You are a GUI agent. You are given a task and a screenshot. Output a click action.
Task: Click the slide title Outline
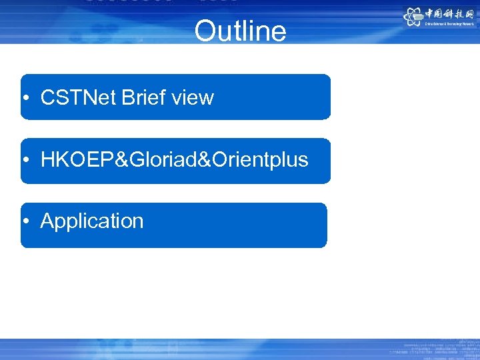point(240,31)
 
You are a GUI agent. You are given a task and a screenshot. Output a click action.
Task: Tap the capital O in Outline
point(205,31)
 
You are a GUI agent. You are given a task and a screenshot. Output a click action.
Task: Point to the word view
point(193,98)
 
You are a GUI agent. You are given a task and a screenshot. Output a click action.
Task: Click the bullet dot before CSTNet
point(25,99)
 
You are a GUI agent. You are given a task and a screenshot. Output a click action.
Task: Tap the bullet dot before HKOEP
point(25,161)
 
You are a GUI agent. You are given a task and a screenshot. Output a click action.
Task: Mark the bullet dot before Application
point(25,221)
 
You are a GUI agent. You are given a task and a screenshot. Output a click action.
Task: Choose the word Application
point(92,221)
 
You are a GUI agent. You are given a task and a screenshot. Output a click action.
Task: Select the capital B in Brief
point(127,98)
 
